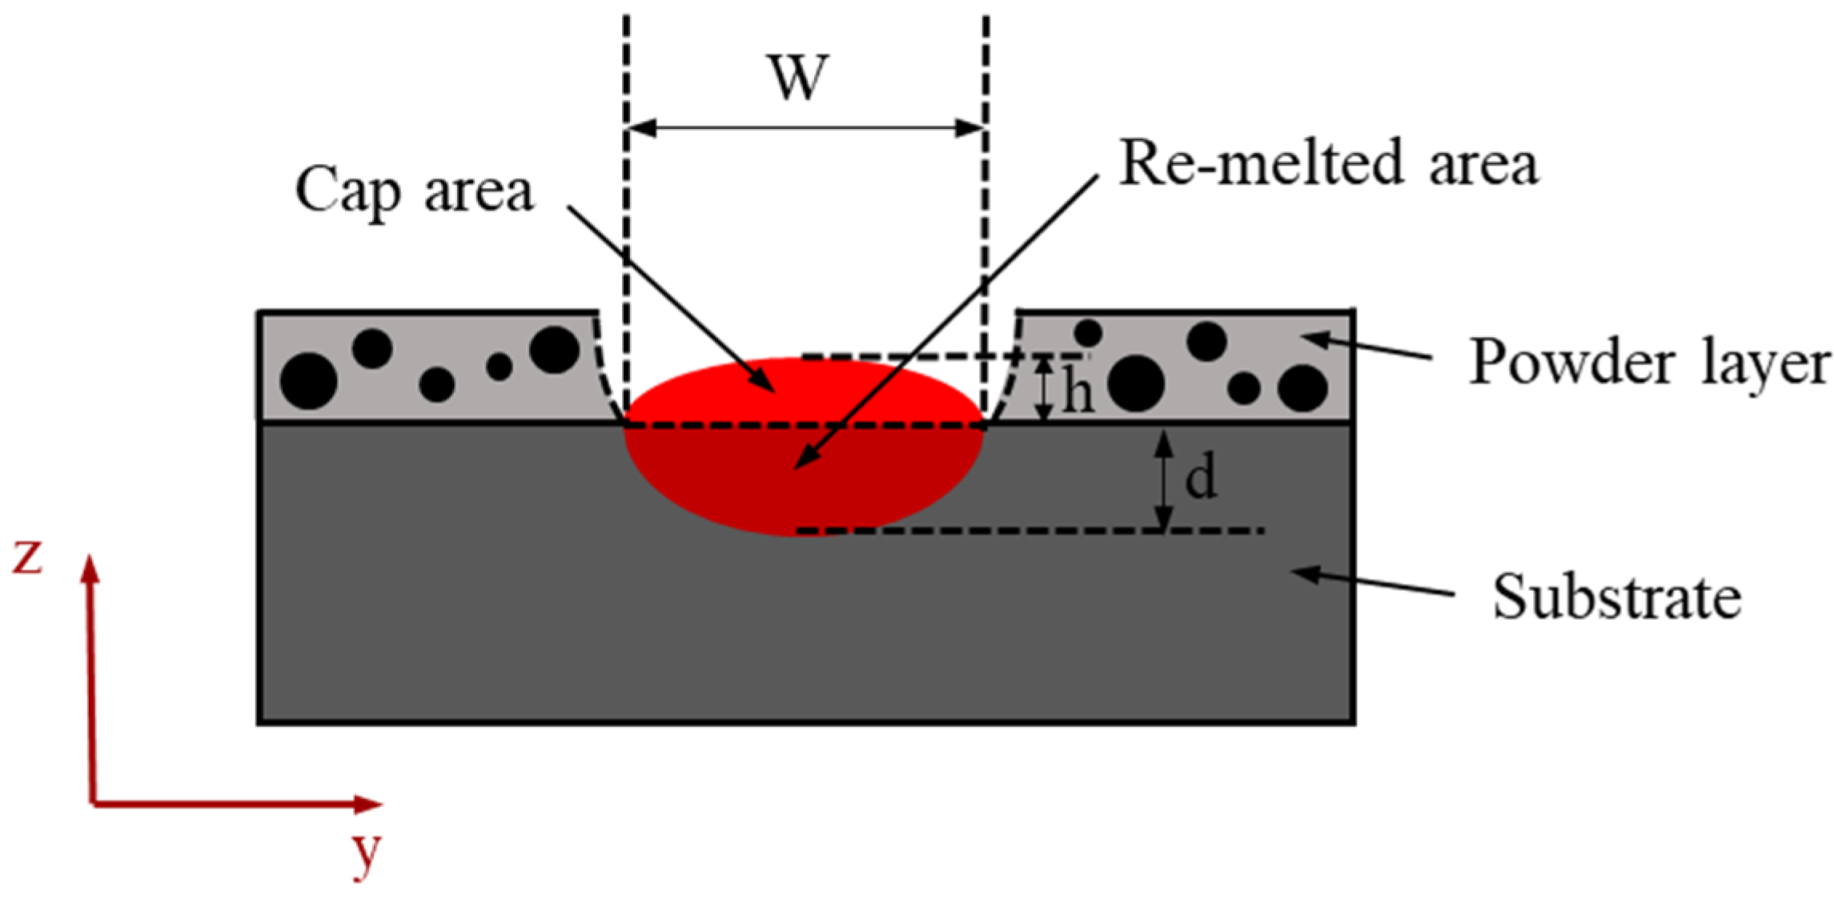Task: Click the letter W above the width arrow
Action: click(x=798, y=78)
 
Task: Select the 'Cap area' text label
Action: click(x=414, y=191)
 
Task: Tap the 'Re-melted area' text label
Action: click(x=1328, y=163)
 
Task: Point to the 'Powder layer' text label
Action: click(x=1649, y=363)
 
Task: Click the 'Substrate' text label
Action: click(x=1616, y=597)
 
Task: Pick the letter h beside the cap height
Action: click(x=1078, y=392)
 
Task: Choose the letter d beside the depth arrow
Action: click(x=1201, y=477)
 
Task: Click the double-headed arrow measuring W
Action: click(x=805, y=128)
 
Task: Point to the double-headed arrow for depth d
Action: click(x=1166, y=480)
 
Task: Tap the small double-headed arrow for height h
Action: click(x=1043, y=389)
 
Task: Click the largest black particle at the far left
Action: click(x=308, y=381)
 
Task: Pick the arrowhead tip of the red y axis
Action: click(x=379, y=803)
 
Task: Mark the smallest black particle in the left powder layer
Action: click(x=500, y=367)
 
